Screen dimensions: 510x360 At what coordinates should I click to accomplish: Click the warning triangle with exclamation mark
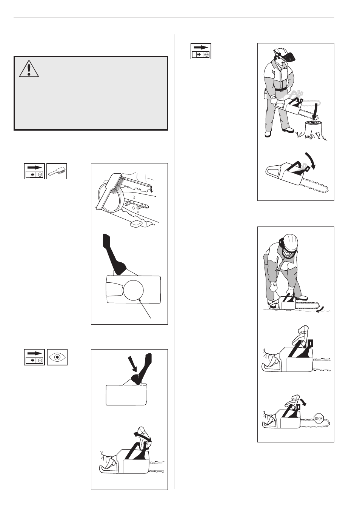pyautogui.click(x=29, y=69)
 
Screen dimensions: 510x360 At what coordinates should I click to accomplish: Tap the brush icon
pyautogui.click(x=57, y=171)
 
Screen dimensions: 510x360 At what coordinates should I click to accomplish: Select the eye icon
pyautogui.click(x=57, y=357)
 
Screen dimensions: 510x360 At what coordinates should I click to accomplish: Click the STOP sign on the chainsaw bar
pyautogui.click(x=318, y=418)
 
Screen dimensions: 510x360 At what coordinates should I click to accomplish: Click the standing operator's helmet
pyautogui.click(x=280, y=52)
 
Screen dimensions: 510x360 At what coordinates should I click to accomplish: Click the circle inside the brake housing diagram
pyautogui.click(x=133, y=290)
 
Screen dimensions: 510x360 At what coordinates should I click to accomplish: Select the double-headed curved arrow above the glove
pyautogui.click(x=142, y=437)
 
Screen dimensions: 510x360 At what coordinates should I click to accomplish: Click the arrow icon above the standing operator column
pyautogui.click(x=200, y=51)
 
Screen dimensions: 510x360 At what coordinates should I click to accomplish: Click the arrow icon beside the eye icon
pyautogui.click(x=34, y=357)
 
